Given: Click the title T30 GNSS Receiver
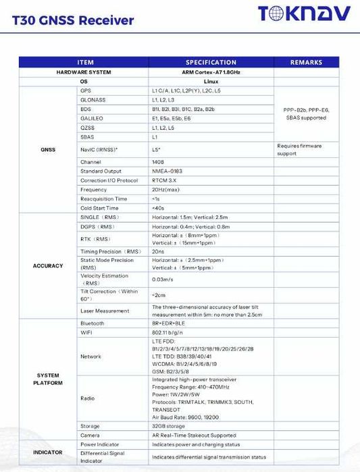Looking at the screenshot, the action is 73,20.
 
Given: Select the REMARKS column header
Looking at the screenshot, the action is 306,63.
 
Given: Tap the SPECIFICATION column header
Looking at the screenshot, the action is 211,63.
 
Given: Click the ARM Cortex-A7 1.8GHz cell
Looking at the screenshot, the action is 211,72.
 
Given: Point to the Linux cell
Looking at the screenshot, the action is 211,81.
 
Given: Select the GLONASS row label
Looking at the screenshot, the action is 93,99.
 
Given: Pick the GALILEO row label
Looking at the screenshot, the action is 93,117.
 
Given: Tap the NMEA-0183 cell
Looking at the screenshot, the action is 166,171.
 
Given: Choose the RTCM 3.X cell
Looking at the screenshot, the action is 165,180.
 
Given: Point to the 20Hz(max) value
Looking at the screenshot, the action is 165,190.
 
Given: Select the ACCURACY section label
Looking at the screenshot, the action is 47,265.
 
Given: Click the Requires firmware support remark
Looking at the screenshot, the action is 299,149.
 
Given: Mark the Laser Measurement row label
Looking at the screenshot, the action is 105,311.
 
